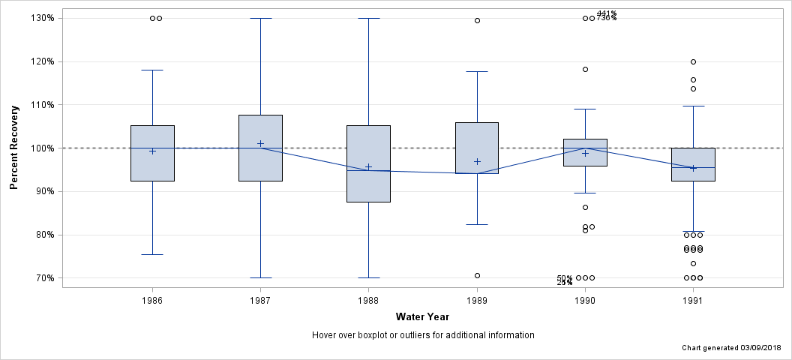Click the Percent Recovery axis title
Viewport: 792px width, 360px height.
(x=14, y=148)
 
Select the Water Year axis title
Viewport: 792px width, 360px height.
(x=422, y=317)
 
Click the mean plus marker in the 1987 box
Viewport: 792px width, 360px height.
(x=260, y=143)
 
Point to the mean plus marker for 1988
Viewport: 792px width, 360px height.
(x=368, y=166)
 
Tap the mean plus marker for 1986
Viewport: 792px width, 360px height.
(x=152, y=151)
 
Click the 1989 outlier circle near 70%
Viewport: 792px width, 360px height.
(x=477, y=275)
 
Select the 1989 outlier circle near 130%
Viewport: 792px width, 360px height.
(x=477, y=20)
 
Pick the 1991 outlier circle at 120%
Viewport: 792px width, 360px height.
(x=693, y=61)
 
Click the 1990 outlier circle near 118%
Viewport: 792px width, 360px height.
(x=585, y=69)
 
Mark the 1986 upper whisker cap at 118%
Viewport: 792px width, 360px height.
(x=152, y=70)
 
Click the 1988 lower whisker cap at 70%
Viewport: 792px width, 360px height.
(x=368, y=277)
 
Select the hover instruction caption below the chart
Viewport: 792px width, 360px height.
(x=422, y=335)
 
